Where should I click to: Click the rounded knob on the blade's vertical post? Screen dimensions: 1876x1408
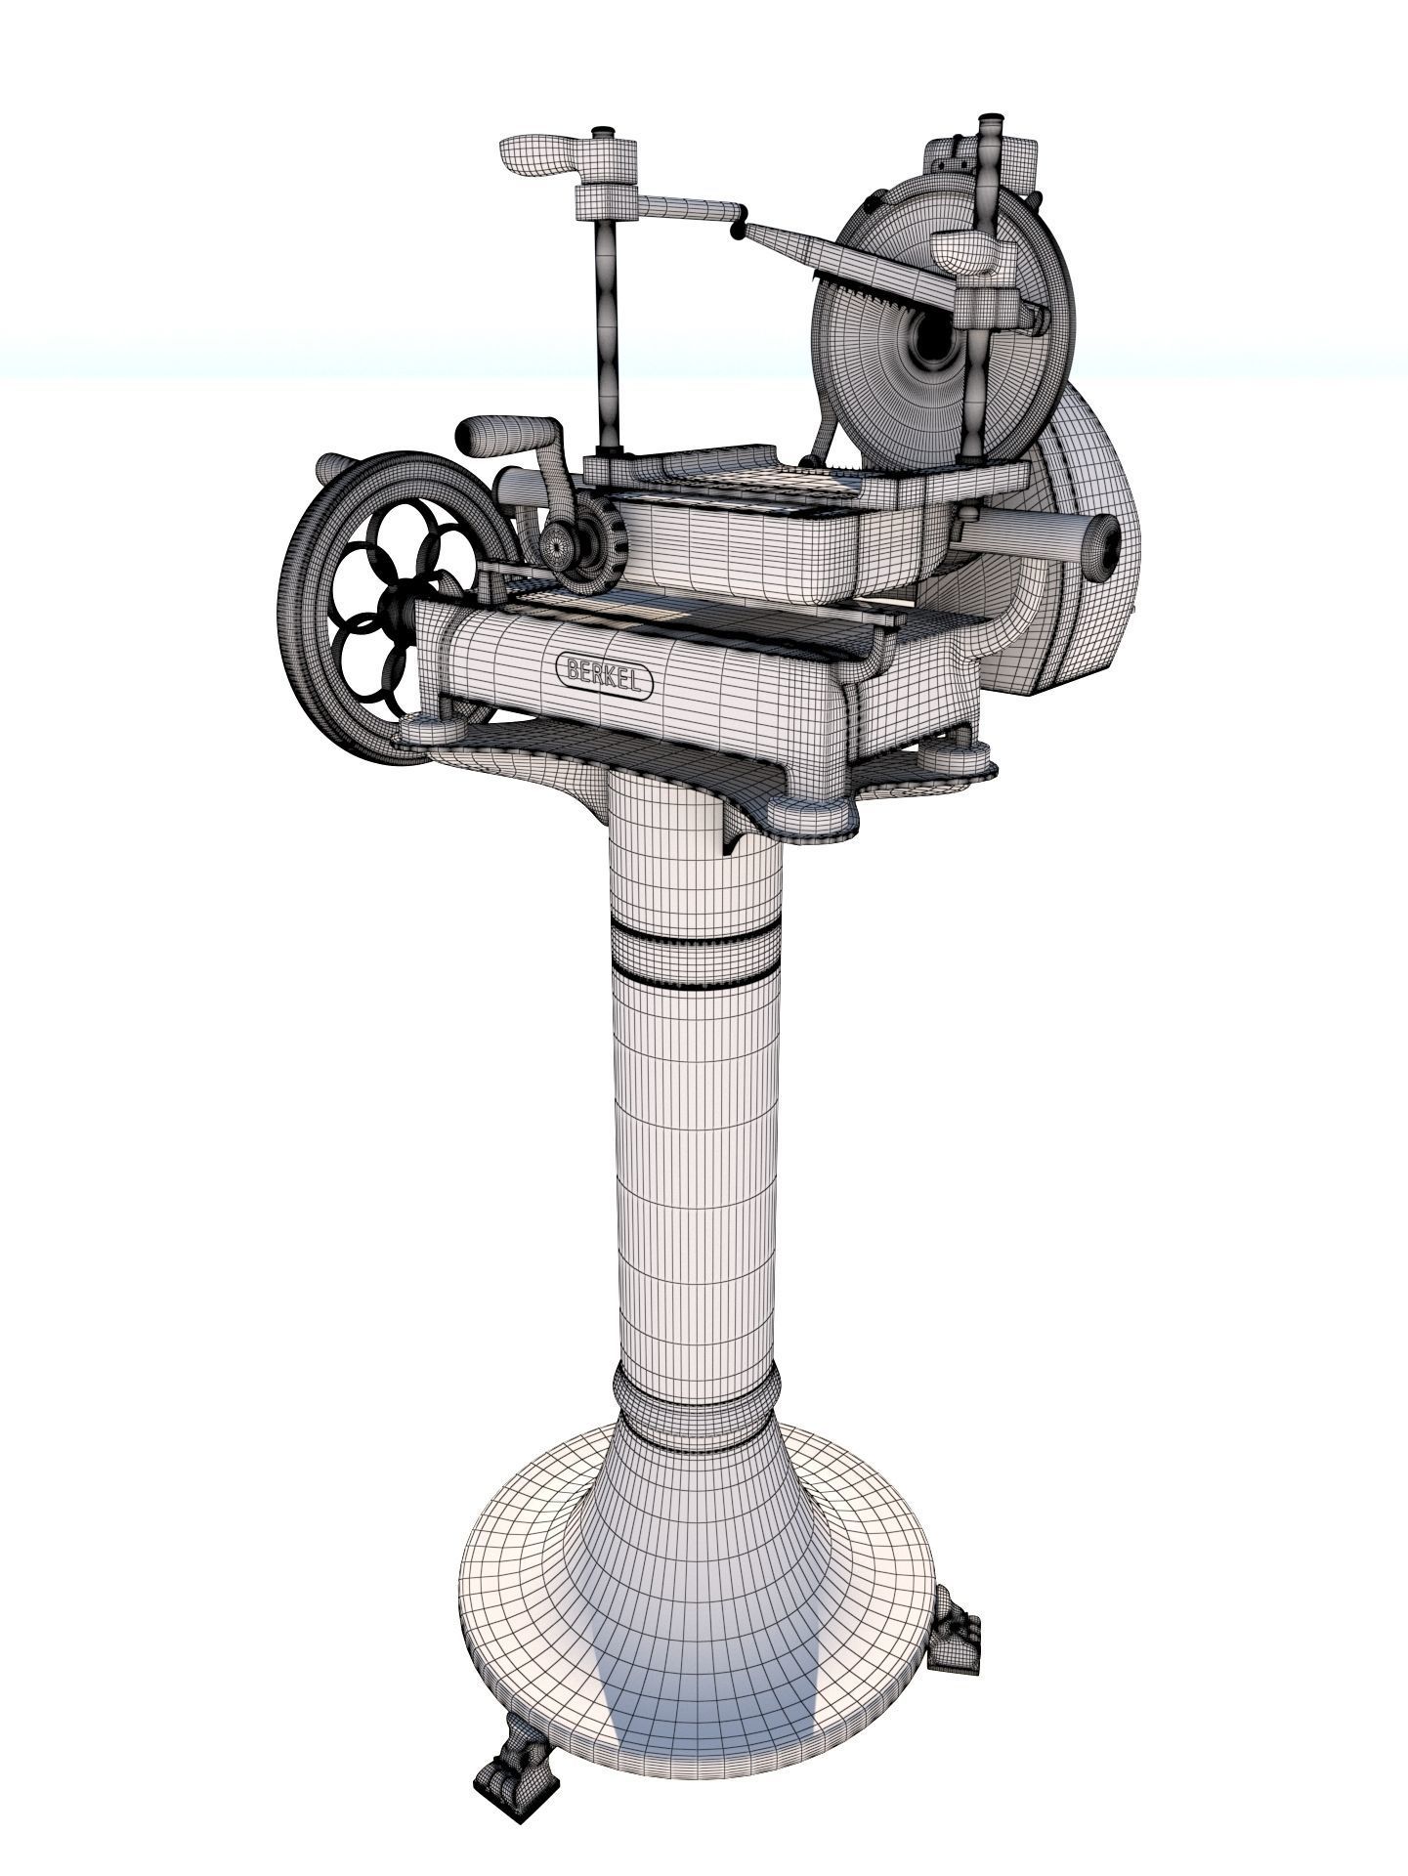pyautogui.click(x=967, y=251)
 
